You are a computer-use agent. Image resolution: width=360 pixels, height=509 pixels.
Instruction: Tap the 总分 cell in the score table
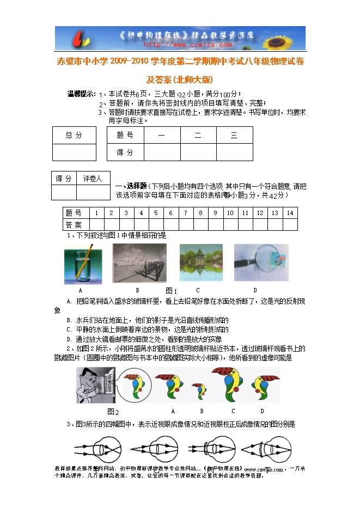(x=74, y=135)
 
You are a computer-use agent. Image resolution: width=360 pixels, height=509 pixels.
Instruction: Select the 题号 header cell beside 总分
(x=125, y=135)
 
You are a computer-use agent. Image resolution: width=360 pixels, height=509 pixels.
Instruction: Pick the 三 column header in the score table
(x=234, y=135)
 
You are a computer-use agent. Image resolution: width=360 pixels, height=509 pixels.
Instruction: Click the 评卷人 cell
(x=93, y=179)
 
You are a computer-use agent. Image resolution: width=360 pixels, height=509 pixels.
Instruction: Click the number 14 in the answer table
(x=290, y=213)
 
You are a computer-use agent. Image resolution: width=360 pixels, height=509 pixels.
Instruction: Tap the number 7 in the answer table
(x=185, y=213)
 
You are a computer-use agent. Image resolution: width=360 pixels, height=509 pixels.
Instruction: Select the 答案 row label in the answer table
(x=74, y=224)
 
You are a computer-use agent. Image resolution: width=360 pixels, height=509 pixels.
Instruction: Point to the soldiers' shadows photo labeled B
(x=139, y=263)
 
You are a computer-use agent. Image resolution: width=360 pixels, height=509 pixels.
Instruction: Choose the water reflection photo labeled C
(x=201, y=263)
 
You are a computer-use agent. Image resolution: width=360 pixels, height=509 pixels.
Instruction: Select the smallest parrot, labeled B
(x=201, y=390)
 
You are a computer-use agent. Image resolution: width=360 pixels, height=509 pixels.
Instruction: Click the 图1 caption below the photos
(x=171, y=291)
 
